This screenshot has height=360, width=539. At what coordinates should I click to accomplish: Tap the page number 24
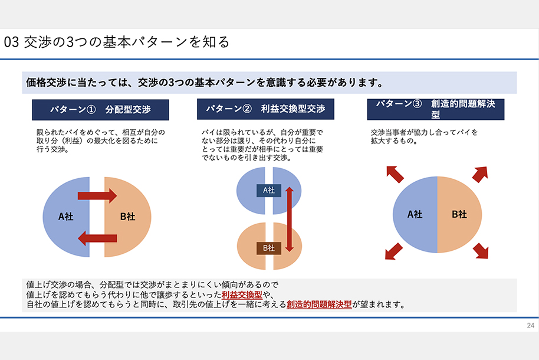point(530,326)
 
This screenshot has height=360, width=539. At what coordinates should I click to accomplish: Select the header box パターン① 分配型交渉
point(100,110)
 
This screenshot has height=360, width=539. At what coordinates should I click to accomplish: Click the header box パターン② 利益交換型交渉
point(265,109)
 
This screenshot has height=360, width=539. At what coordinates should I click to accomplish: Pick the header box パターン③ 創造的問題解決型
point(435,109)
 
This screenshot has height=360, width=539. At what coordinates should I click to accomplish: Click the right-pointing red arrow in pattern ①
point(97,196)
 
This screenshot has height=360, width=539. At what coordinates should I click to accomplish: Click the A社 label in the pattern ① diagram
point(65,217)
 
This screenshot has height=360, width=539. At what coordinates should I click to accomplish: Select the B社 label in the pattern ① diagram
point(127,217)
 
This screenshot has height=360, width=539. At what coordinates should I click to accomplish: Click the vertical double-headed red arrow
point(290,219)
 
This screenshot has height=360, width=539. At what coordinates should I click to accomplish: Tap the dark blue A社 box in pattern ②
point(269,190)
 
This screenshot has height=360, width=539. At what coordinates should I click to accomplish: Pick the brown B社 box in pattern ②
point(269,248)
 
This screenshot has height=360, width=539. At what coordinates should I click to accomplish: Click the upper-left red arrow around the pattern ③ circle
point(395,174)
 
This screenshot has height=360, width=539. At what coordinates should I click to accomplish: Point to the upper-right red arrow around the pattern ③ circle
point(480,174)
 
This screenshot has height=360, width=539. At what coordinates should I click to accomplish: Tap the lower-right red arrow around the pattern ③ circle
point(481,251)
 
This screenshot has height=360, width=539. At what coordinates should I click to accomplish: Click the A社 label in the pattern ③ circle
point(415,214)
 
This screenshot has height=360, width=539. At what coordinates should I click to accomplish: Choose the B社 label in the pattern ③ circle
point(459,214)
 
